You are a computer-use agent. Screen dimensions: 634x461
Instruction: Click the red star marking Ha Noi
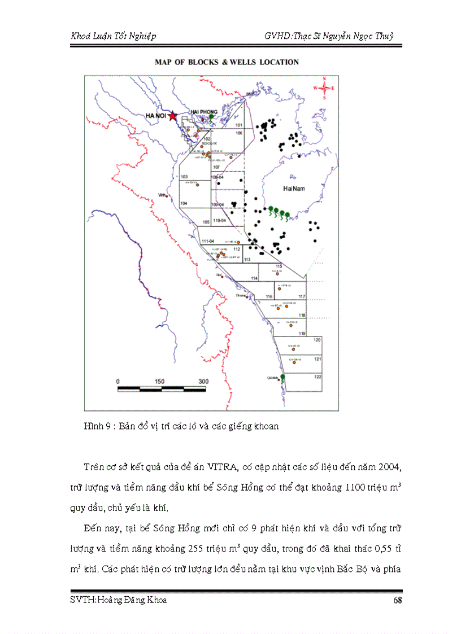(172, 116)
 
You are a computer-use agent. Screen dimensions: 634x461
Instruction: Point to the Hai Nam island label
(294, 189)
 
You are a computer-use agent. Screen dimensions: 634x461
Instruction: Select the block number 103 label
(184, 177)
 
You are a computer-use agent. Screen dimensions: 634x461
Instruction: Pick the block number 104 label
(184, 202)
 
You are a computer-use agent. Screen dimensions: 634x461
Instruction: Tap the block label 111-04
(207, 241)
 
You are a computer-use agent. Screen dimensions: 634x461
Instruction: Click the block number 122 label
(318, 377)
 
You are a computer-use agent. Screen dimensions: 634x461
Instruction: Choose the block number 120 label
(317, 340)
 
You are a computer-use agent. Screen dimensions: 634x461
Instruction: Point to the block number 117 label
(302, 297)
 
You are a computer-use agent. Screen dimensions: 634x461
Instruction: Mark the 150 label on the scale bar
(159, 381)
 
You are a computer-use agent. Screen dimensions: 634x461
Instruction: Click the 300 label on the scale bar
(203, 381)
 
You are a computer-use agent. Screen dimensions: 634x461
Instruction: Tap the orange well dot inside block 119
(288, 325)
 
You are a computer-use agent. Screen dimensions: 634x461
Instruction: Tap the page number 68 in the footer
(397, 600)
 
